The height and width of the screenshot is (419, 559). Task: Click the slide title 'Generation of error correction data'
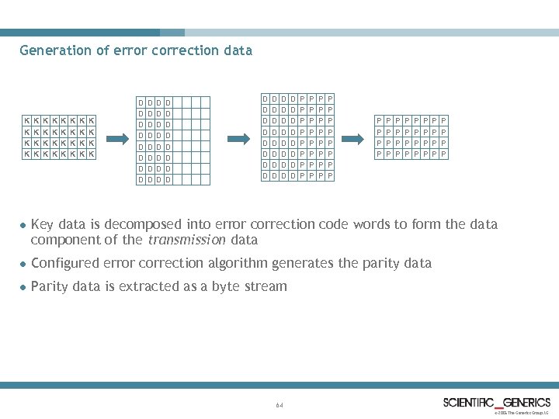pyautogui.click(x=136, y=51)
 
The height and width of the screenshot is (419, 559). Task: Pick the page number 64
pyautogui.click(x=279, y=406)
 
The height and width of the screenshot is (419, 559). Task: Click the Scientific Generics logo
pyautogui.click(x=497, y=402)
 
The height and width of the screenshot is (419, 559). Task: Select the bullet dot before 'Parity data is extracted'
pyautogui.click(x=23, y=287)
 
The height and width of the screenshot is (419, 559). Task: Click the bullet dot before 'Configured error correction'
pyautogui.click(x=23, y=264)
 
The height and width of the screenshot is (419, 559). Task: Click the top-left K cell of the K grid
pyautogui.click(x=26, y=120)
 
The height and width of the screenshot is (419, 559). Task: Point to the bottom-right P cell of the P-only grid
pyautogui.click(x=443, y=154)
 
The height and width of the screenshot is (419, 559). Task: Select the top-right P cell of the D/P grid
pyautogui.click(x=330, y=99)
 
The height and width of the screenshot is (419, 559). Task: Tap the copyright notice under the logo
pyautogui.click(x=521, y=413)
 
